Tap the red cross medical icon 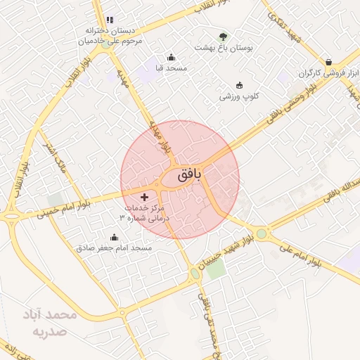tap(145, 197)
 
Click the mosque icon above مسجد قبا tap(171, 58)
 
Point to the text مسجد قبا tap(170, 69)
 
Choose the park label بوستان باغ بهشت tap(224, 48)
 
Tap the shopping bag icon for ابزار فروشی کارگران tap(329, 61)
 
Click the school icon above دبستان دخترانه tap(109, 20)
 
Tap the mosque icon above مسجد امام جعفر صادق tap(115, 237)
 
